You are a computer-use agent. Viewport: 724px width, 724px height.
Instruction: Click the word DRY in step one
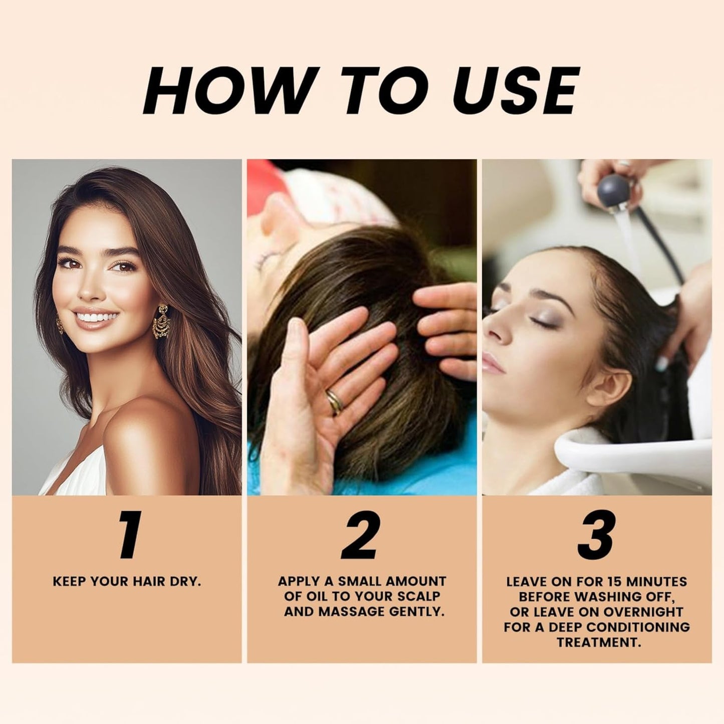click(184, 582)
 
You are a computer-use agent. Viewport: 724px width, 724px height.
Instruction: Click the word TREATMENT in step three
click(598, 642)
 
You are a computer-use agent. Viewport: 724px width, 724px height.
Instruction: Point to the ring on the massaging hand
click(334, 402)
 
